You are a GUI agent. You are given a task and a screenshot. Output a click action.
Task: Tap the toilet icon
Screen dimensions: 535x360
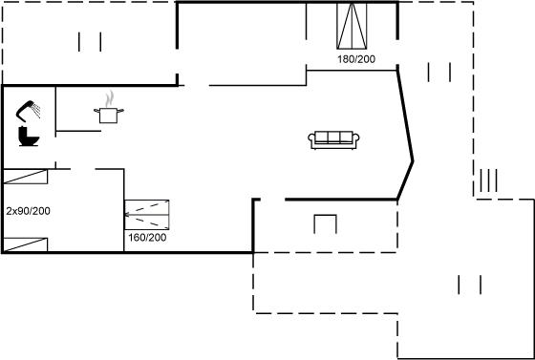29,137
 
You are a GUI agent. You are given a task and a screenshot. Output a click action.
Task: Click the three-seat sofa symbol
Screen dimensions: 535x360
333,140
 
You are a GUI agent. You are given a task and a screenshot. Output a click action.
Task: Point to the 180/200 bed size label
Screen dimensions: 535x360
356,59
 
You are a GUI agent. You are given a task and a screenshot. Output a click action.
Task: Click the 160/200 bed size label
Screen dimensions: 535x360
147,237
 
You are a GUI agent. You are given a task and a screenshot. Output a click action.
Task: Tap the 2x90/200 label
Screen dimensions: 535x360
28,211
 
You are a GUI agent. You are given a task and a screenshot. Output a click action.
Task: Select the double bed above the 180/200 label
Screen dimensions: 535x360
352,26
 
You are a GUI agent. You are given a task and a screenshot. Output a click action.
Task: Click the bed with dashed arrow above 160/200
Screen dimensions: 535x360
147,215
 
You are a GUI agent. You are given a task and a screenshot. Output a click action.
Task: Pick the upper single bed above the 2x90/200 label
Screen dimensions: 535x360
25,177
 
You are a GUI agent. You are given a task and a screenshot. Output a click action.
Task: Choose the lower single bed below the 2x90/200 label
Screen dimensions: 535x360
25,244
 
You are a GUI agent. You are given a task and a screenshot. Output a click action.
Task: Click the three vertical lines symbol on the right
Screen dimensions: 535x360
488,180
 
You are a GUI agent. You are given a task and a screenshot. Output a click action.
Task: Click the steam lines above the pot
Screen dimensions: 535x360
109,99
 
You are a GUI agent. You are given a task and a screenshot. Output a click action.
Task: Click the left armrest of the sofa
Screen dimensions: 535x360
310,138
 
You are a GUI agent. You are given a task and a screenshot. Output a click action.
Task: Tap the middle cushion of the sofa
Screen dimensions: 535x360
333,137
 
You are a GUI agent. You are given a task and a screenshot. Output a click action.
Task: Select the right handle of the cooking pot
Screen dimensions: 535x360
120,110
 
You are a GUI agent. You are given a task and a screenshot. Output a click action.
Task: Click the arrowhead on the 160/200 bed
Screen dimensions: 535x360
126,215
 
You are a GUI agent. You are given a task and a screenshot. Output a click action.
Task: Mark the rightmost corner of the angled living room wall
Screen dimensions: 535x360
413,161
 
